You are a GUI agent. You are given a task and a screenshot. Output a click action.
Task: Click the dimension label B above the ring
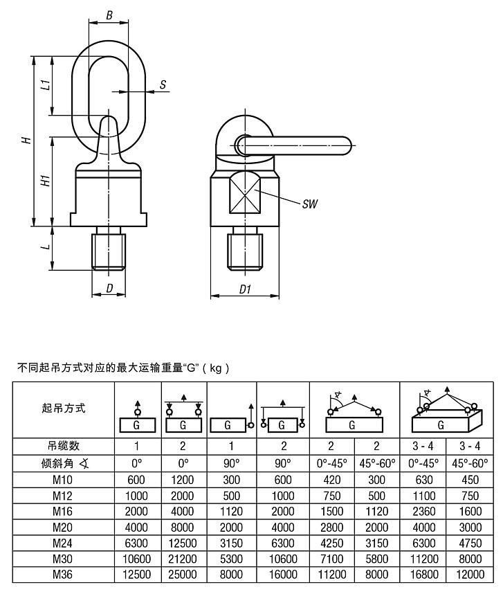109,15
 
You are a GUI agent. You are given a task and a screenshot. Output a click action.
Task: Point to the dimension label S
163,84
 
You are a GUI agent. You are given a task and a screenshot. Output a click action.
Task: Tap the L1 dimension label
44,86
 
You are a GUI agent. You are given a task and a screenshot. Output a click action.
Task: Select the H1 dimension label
44,181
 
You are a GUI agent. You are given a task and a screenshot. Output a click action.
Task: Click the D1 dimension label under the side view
245,289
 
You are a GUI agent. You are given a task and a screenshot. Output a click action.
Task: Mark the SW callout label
308,205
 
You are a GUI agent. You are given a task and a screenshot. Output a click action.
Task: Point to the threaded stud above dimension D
109,250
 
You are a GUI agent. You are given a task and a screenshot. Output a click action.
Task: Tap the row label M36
64,574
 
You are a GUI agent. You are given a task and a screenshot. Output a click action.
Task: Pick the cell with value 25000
183,574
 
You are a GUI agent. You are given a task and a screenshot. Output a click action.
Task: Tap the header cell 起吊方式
64,409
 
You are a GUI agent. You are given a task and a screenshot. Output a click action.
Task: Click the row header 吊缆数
64,446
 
